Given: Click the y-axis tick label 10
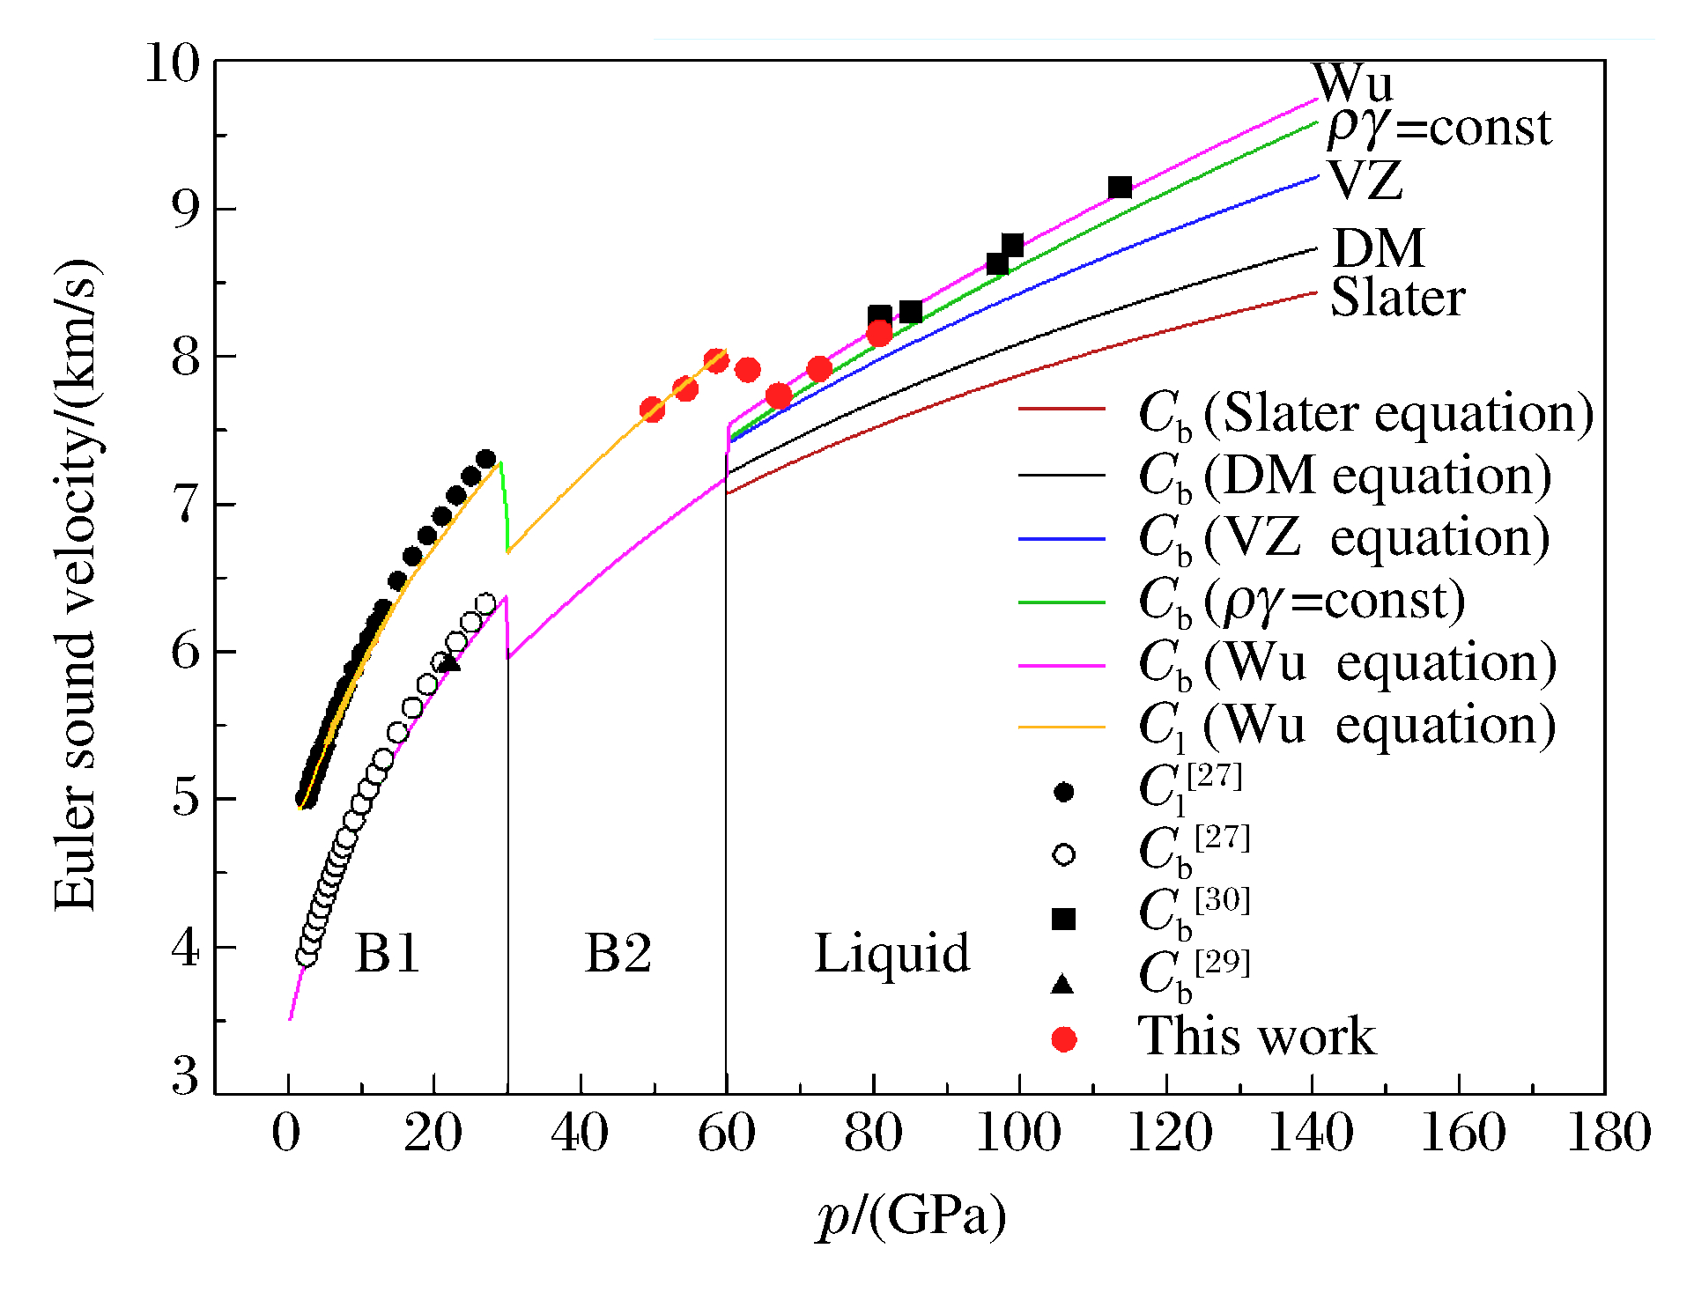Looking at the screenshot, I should [x=173, y=63].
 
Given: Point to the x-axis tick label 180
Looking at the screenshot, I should [x=1609, y=1133].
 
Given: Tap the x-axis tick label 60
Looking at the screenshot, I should [x=727, y=1133].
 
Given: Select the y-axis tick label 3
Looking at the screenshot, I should [x=185, y=1076].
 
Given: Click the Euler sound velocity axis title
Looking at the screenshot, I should [x=76, y=586].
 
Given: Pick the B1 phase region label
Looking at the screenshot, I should [x=388, y=953].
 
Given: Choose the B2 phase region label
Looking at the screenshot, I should [x=618, y=953].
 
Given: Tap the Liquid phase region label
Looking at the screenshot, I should [x=891, y=953].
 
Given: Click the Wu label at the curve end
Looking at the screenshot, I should [x=1353, y=83].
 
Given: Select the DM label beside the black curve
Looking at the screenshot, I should [x=1379, y=248].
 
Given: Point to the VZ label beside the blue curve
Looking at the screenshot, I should [x=1365, y=181].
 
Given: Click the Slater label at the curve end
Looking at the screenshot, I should [x=1397, y=298].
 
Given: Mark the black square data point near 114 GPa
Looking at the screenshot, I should [x=1120, y=188].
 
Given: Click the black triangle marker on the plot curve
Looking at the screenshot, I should [x=449, y=662].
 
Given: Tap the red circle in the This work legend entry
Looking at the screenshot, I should [x=1064, y=1040].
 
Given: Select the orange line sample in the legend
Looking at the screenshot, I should [x=1062, y=728].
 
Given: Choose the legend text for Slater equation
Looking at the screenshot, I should [x=1365, y=413].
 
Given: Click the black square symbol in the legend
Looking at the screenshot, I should [x=1064, y=919].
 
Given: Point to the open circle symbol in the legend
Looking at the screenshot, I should [x=1064, y=854].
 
